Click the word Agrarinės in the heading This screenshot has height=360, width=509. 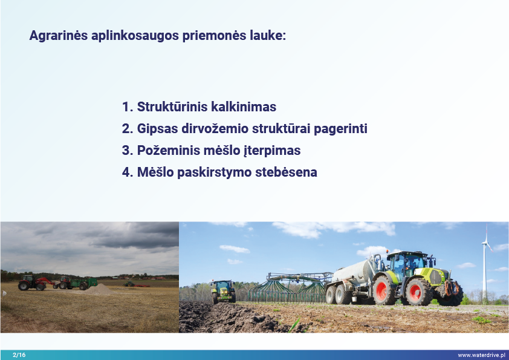[59, 36]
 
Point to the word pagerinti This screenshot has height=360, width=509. [340, 129]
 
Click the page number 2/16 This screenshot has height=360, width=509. [19, 355]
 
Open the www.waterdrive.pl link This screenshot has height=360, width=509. [482, 355]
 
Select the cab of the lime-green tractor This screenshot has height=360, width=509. [406, 264]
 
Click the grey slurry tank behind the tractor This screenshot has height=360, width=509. [354, 272]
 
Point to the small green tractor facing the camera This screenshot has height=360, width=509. [223, 291]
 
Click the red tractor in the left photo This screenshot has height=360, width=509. [33, 283]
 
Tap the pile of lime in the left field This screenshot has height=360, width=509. [100, 289]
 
